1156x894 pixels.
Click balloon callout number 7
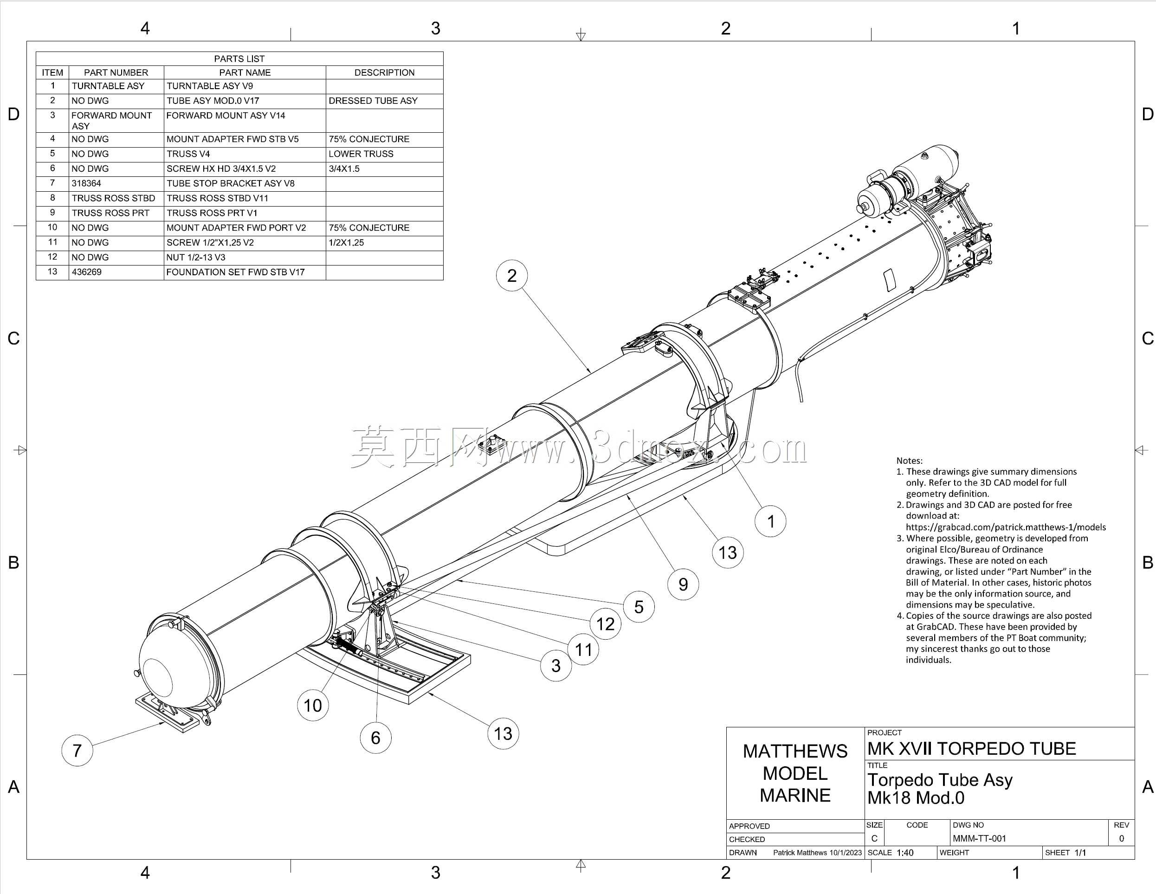(77, 750)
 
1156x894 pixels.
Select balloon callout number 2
(512, 275)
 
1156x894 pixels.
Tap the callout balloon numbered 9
(683, 584)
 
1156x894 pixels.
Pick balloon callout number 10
(313, 705)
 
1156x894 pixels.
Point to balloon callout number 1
(770, 521)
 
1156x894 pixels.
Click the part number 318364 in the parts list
(86, 184)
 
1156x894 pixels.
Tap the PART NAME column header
(245, 72)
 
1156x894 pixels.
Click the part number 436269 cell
(86, 272)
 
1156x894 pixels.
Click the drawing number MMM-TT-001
(979, 838)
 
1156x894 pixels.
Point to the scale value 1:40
(905, 853)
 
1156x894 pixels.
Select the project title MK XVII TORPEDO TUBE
(972, 748)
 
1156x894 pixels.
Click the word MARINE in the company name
(795, 795)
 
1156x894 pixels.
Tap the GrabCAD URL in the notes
(1006, 527)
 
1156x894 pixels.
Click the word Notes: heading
(909, 460)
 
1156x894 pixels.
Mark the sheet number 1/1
(1080, 853)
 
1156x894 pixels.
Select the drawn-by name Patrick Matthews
(800, 853)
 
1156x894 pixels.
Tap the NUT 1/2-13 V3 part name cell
(196, 257)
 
